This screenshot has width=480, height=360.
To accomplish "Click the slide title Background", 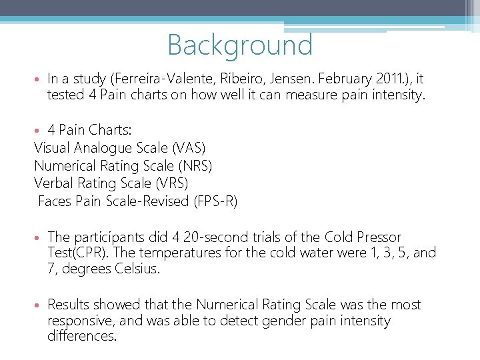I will coord(240,45).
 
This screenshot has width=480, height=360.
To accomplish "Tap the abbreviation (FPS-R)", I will coord(215,201).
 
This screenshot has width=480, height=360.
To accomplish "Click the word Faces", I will coord(56,201).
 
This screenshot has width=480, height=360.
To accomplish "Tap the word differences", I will coord(81,336).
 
